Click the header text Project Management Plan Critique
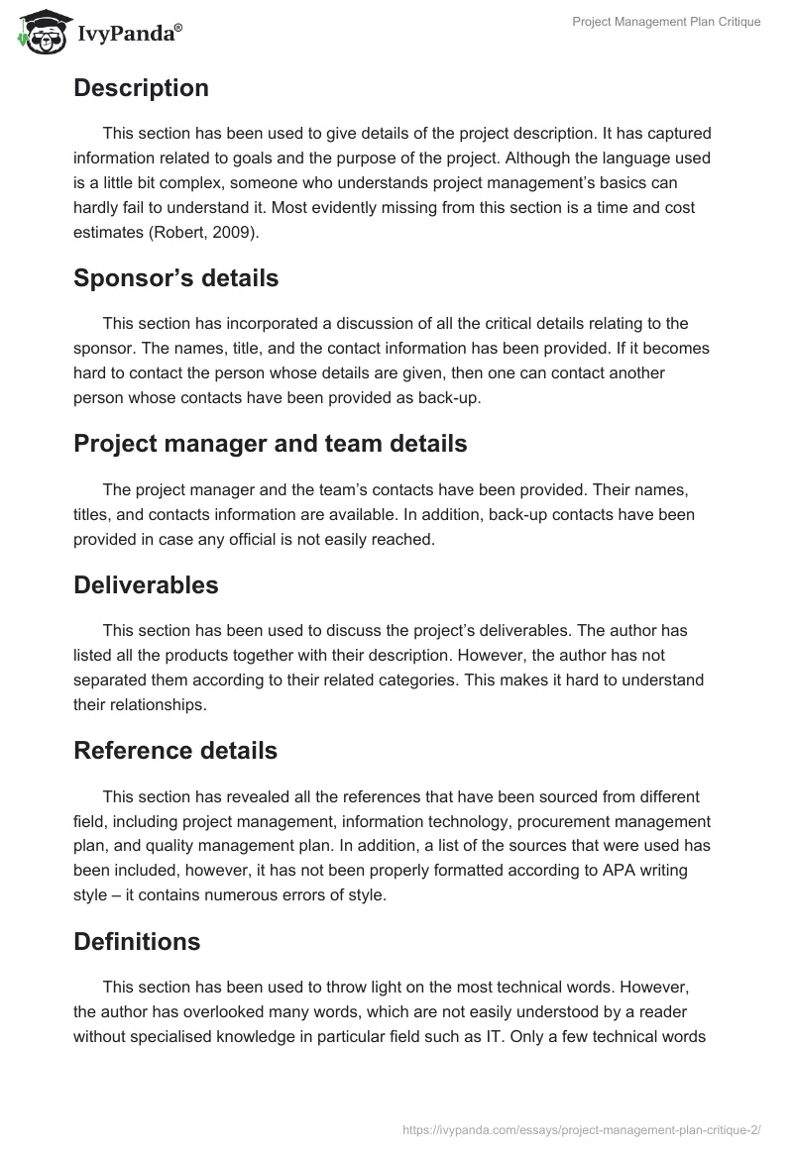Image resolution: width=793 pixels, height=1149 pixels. [666, 22]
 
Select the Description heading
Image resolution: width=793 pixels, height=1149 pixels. [141, 88]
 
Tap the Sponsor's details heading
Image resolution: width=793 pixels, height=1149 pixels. [175, 278]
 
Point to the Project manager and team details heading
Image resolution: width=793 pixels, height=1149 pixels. [270, 444]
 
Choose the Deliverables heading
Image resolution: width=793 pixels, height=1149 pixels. [146, 584]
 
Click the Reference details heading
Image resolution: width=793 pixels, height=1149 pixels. [174, 751]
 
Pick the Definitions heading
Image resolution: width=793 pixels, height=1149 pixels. [137, 941]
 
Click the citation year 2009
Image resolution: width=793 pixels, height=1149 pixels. [218, 233]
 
